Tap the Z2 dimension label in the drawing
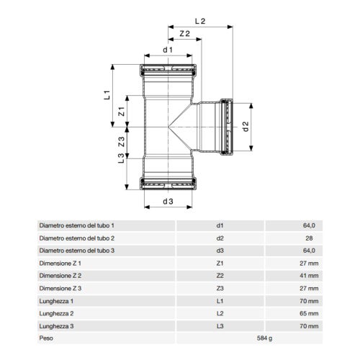click(x=185, y=34)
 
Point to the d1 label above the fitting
click(x=167, y=50)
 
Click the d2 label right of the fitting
click(x=245, y=126)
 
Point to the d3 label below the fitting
click(x=168, y=202)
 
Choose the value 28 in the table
click(x=311, y=238)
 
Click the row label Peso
click(x=46, y=337)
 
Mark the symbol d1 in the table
click(x=220, y=225)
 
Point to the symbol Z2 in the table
click(x=220, y=275)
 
